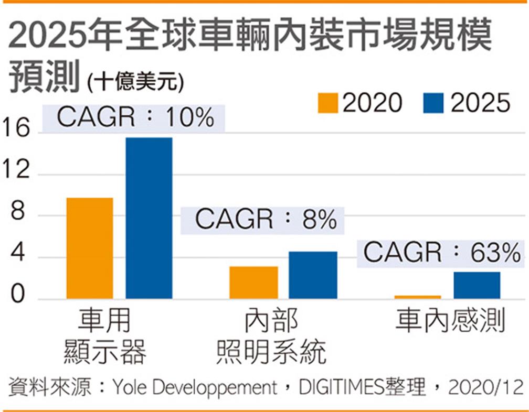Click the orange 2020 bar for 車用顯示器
coord(90,248)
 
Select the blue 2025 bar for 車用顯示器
coord(149,218)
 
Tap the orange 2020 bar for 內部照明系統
coord(253,283)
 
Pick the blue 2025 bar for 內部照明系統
coord(313,275)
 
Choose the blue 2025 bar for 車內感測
coord(477,285)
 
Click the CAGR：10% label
coord(135,117)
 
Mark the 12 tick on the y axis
coord(15,173)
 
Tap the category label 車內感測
coord(450,321)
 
